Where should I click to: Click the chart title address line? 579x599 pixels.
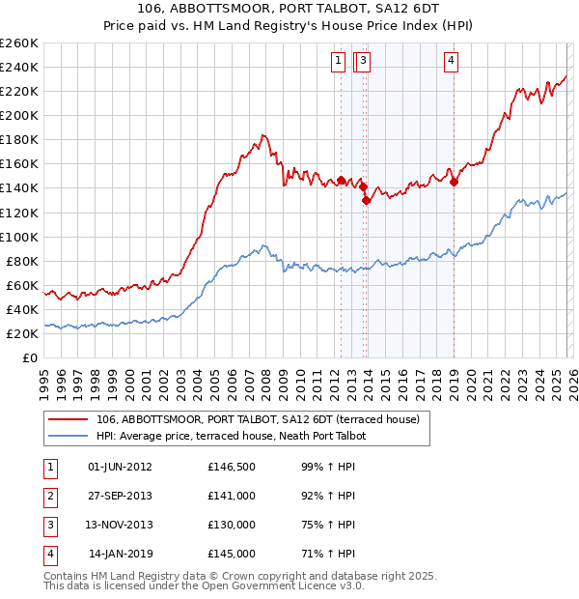coord(289,10)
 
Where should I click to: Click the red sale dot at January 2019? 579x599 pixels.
coord(454,182)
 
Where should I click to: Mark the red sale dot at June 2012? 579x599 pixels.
coord(341,180)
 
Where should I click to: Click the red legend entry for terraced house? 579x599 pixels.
coord(258,419)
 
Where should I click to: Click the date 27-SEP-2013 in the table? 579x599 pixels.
coord(120,496)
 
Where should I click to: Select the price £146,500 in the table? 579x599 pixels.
coord(232,467)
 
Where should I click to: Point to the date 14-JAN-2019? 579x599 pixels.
coord(120,554)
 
